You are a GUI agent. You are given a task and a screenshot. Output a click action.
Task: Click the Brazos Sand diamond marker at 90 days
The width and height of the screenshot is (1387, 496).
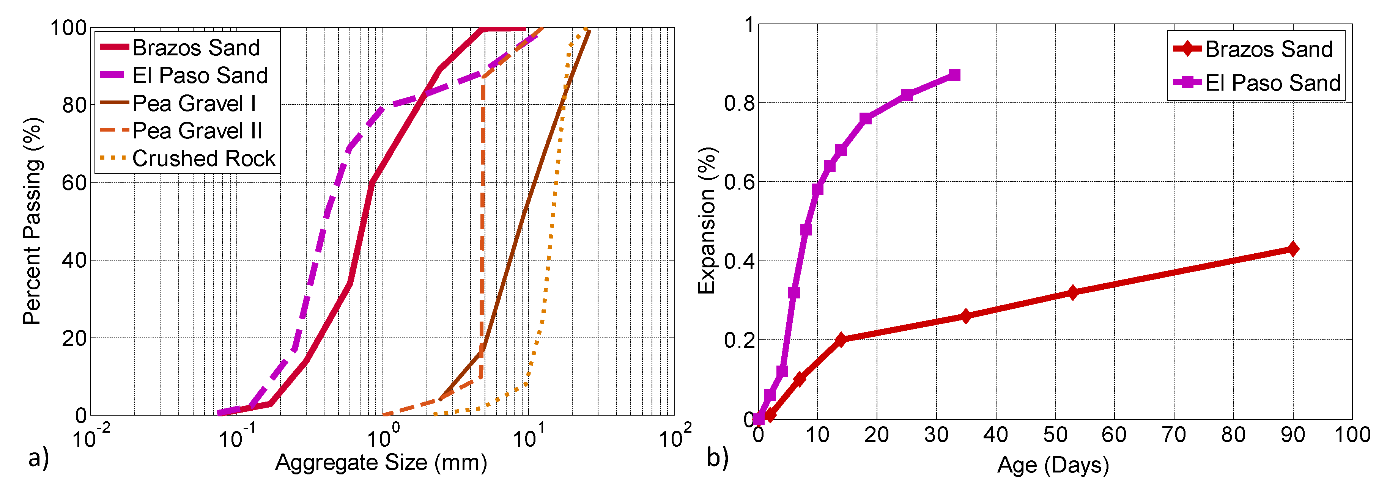[1292, 249]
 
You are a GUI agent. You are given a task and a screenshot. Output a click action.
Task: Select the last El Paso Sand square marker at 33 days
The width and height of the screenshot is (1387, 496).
[954, 75]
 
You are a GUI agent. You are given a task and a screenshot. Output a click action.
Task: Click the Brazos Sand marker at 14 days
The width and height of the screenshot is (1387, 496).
[841, 339]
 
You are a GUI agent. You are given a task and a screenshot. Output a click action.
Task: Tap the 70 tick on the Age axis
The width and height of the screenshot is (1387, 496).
[1173, 435]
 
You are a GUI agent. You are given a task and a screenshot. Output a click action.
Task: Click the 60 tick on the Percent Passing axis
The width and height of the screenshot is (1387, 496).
[74, 183]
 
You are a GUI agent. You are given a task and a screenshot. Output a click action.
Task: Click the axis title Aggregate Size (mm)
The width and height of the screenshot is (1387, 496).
[381, 463]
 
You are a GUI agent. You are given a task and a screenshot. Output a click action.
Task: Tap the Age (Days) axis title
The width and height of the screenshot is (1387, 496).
[1053, 465]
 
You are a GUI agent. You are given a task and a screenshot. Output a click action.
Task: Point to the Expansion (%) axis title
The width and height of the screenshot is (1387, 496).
[707, 221]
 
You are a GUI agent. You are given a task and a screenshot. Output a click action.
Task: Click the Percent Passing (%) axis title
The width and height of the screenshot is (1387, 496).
[32, 221]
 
